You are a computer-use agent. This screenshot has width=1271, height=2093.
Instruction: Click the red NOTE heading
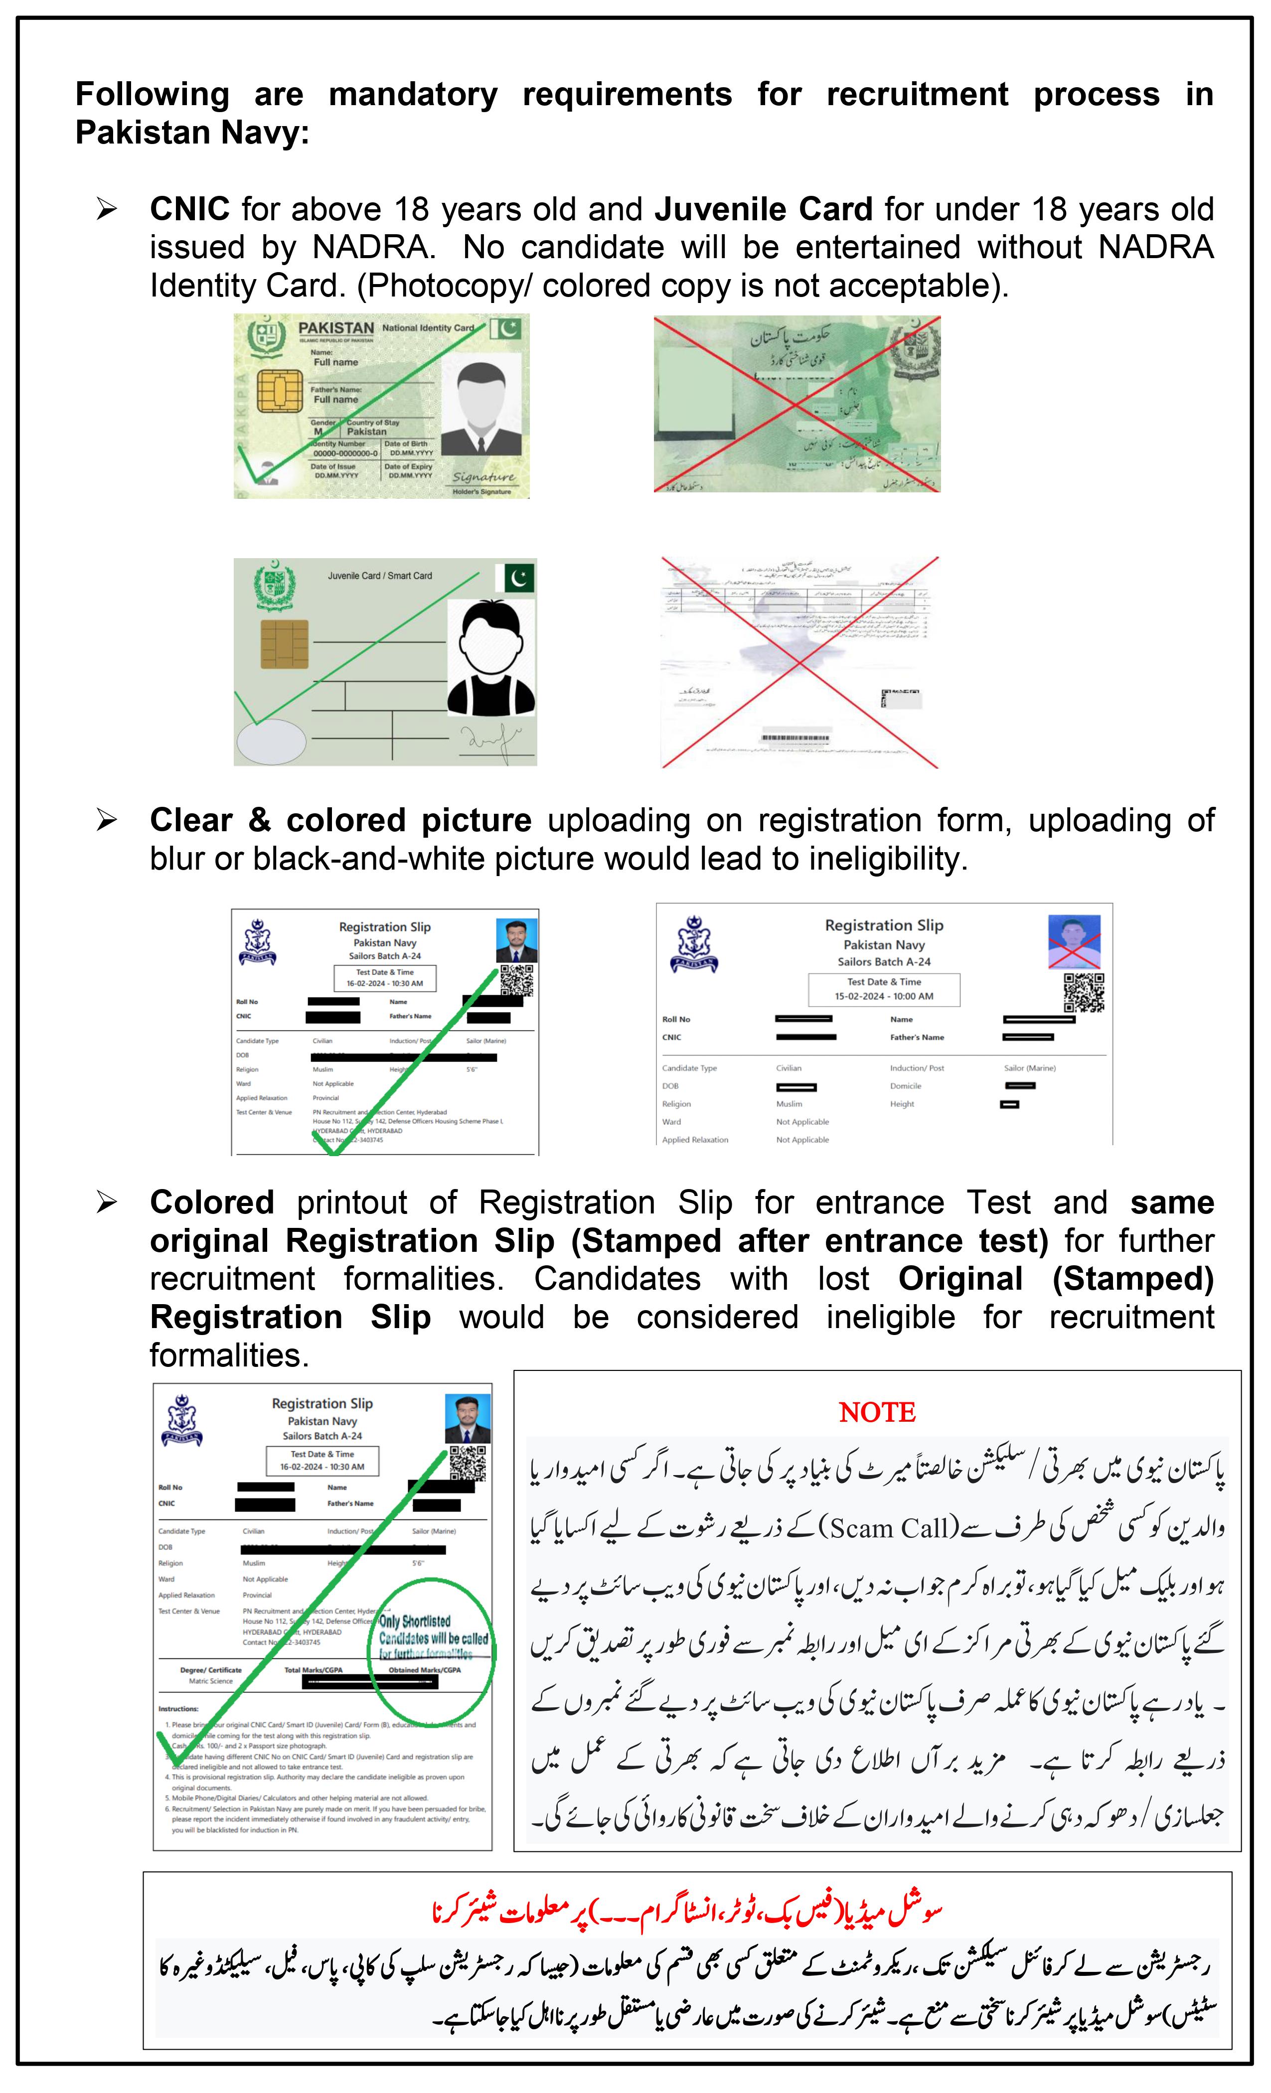click(x=877, y=1413)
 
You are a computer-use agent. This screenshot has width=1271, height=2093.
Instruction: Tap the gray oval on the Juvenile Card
click(x=270, y=742)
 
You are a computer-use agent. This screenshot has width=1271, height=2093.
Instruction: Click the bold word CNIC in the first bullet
click(x=189, y=209)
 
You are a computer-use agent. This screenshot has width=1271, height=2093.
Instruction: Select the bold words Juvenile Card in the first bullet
click(x=763, y=209)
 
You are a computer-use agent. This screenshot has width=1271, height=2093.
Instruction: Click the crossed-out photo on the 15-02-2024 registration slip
click(x=1074, y=942)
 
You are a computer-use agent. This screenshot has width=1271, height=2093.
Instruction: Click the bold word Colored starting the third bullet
click(x=211, y=1203)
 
